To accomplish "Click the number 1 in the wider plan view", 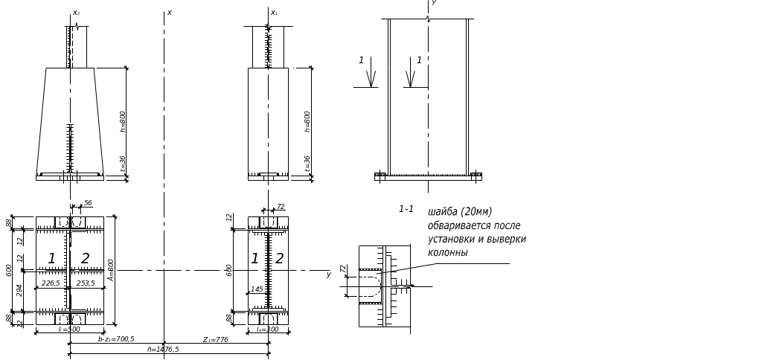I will tap(51, 258).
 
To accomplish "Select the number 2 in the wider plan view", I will tap(85, 258).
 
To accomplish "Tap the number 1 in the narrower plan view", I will tap(254, 258).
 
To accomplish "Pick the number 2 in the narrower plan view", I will tap(280, 258).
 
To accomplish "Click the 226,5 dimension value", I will tap(51, 283).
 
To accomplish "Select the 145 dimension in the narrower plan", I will tap(257, 289).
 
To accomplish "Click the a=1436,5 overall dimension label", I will tap(164, 349).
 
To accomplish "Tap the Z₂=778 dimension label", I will tap(215, 339).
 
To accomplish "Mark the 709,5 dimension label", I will tap(118, 339).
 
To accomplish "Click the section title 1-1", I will tap(406, 210).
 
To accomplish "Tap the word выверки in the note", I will tap(508, 240).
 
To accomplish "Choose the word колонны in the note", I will tap(447, 253).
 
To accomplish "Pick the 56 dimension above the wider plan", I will tap(88, 203).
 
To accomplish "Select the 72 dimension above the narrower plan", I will tap(282, 206).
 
